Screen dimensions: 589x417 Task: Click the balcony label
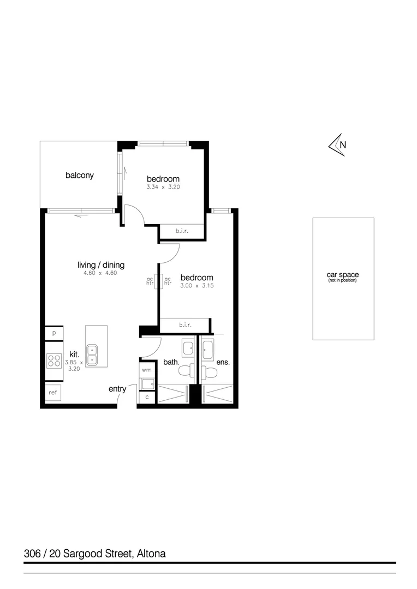pos(80,176)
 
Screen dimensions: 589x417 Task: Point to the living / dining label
pos(101,265)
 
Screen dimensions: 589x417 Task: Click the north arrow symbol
pos(337,145)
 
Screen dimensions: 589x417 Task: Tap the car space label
pos(343,275)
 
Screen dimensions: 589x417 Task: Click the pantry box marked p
pos(54,333)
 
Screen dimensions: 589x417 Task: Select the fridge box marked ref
pos(53,393)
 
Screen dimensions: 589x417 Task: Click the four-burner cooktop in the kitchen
pos(54,360)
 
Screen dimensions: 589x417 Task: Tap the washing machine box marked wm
pos(147,370)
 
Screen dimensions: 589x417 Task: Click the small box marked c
pos(147,398)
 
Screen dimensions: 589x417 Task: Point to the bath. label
pos(171,362)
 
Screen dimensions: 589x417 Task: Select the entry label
pos(117,389)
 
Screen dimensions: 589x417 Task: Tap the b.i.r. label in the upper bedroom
pos(182,232)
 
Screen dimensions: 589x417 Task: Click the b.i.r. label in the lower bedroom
pos(185,326)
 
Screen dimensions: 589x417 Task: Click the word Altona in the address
pos(151,554)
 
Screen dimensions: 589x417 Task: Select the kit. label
pos(74,354)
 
